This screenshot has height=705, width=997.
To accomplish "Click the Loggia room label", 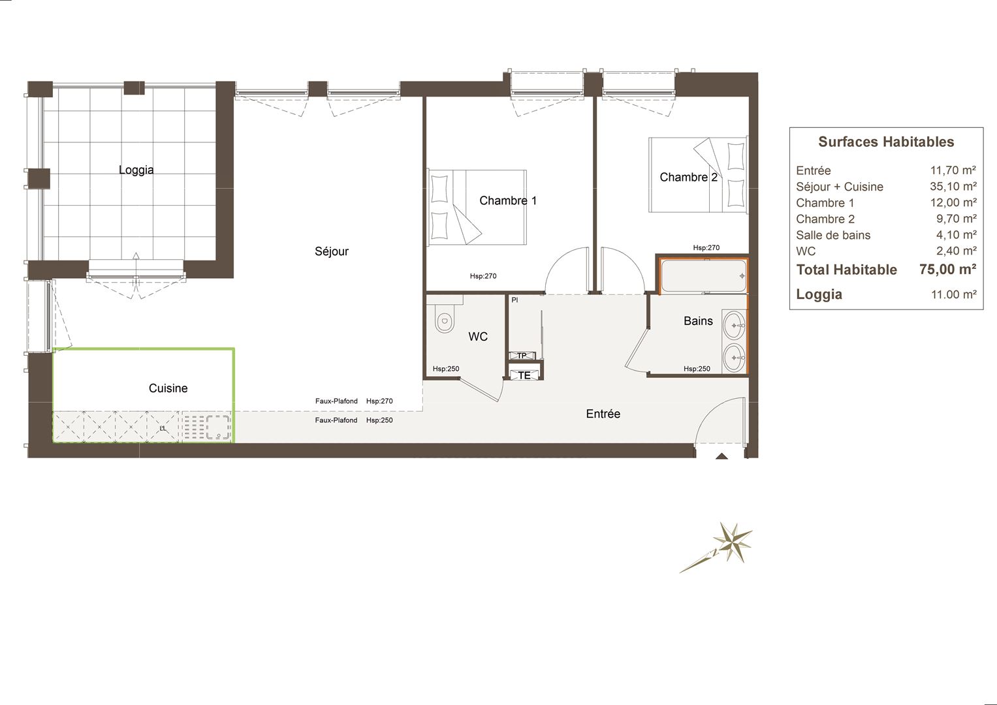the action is [x=136, y=170].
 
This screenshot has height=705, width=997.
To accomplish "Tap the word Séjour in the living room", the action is [x=332, y=251].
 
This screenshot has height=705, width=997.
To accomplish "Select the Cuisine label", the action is [x=168, y=388].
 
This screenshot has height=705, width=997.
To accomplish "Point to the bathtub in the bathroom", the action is [x=703, y=276].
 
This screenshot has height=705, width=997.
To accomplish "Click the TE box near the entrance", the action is [x=524, y=375].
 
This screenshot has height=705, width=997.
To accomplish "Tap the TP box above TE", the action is [x=522, y=356].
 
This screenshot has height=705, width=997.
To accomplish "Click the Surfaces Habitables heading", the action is [x=886, y=142].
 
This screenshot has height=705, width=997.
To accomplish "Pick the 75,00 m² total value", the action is [x=947, y=269].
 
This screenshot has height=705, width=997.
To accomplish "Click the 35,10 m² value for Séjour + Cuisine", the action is [x=953, y=187].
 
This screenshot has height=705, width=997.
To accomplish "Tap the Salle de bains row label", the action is [x=833, y=235].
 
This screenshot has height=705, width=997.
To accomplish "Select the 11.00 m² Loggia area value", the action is [x=954, y=294].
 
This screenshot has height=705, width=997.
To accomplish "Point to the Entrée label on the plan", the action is [x=603, y=414].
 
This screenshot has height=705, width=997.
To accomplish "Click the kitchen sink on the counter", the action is [x=217, y=427].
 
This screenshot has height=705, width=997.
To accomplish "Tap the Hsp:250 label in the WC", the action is [x=446, y=369].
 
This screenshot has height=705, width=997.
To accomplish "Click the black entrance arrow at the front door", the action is [x=721, y=456].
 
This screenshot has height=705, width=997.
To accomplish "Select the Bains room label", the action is [x=699, y=321].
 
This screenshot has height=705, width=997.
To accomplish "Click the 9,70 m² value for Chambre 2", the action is [x=957, y=219].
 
